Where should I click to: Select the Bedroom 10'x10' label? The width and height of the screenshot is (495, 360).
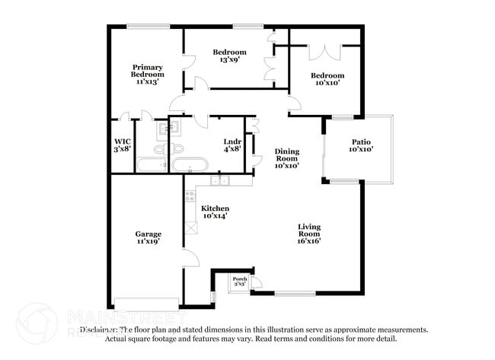[327, 79]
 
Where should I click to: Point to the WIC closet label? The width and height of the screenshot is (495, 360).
[123, 145]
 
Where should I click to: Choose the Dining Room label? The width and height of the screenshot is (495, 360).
[287, 158]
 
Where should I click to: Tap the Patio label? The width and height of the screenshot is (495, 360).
[361, 145]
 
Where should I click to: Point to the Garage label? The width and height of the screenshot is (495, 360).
[147, 237]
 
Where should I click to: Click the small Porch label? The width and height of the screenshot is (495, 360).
[240, 281]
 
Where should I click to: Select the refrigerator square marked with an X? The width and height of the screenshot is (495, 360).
[190, 227]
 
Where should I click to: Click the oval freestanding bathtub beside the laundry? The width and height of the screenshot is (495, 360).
[187, 164]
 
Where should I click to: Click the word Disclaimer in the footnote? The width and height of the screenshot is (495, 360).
[101, 330]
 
